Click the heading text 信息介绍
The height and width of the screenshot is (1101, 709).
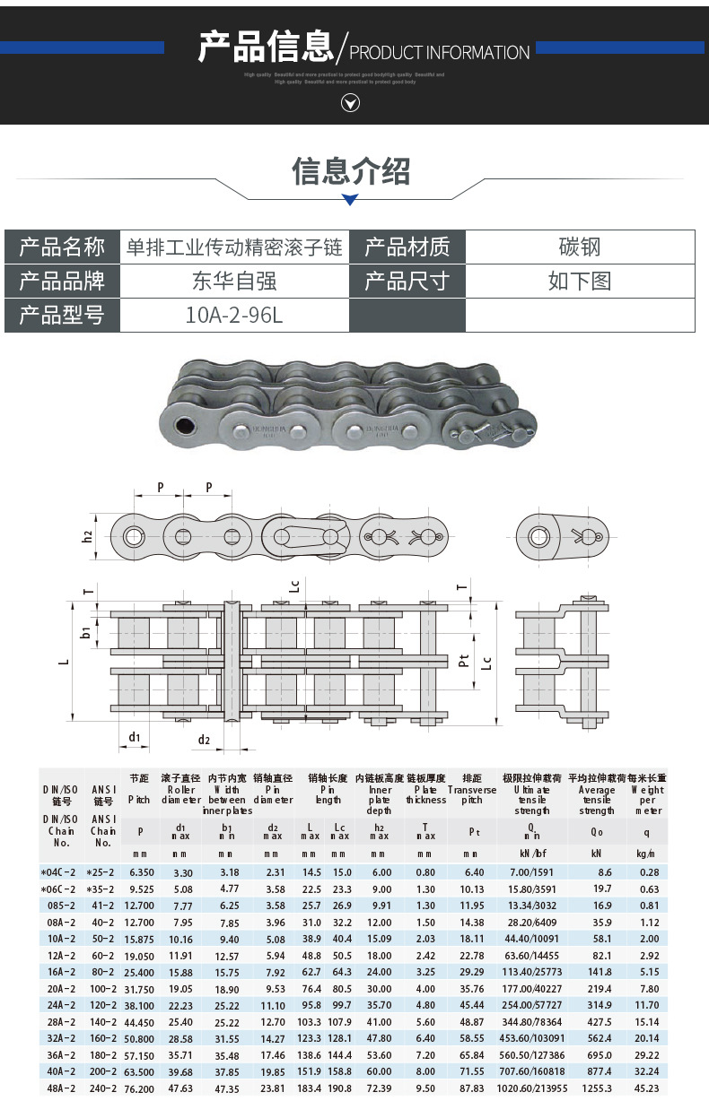351,170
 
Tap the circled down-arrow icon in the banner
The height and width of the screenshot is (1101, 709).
351,103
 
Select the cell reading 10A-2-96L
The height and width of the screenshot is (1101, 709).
234,316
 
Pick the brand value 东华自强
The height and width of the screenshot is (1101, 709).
234,282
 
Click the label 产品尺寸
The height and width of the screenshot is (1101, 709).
407,282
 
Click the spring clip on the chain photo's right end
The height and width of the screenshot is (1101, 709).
494,431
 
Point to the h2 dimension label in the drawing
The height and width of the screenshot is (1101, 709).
87,536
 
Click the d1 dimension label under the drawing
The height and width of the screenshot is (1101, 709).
134,737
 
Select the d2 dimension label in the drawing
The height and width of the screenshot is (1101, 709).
205,740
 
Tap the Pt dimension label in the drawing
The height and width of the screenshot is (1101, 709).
463,661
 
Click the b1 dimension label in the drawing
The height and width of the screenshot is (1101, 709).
86,633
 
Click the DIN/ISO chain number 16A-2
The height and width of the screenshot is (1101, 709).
61,971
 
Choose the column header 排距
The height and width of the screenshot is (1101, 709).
472,778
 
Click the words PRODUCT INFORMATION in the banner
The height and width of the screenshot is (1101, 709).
439,53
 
